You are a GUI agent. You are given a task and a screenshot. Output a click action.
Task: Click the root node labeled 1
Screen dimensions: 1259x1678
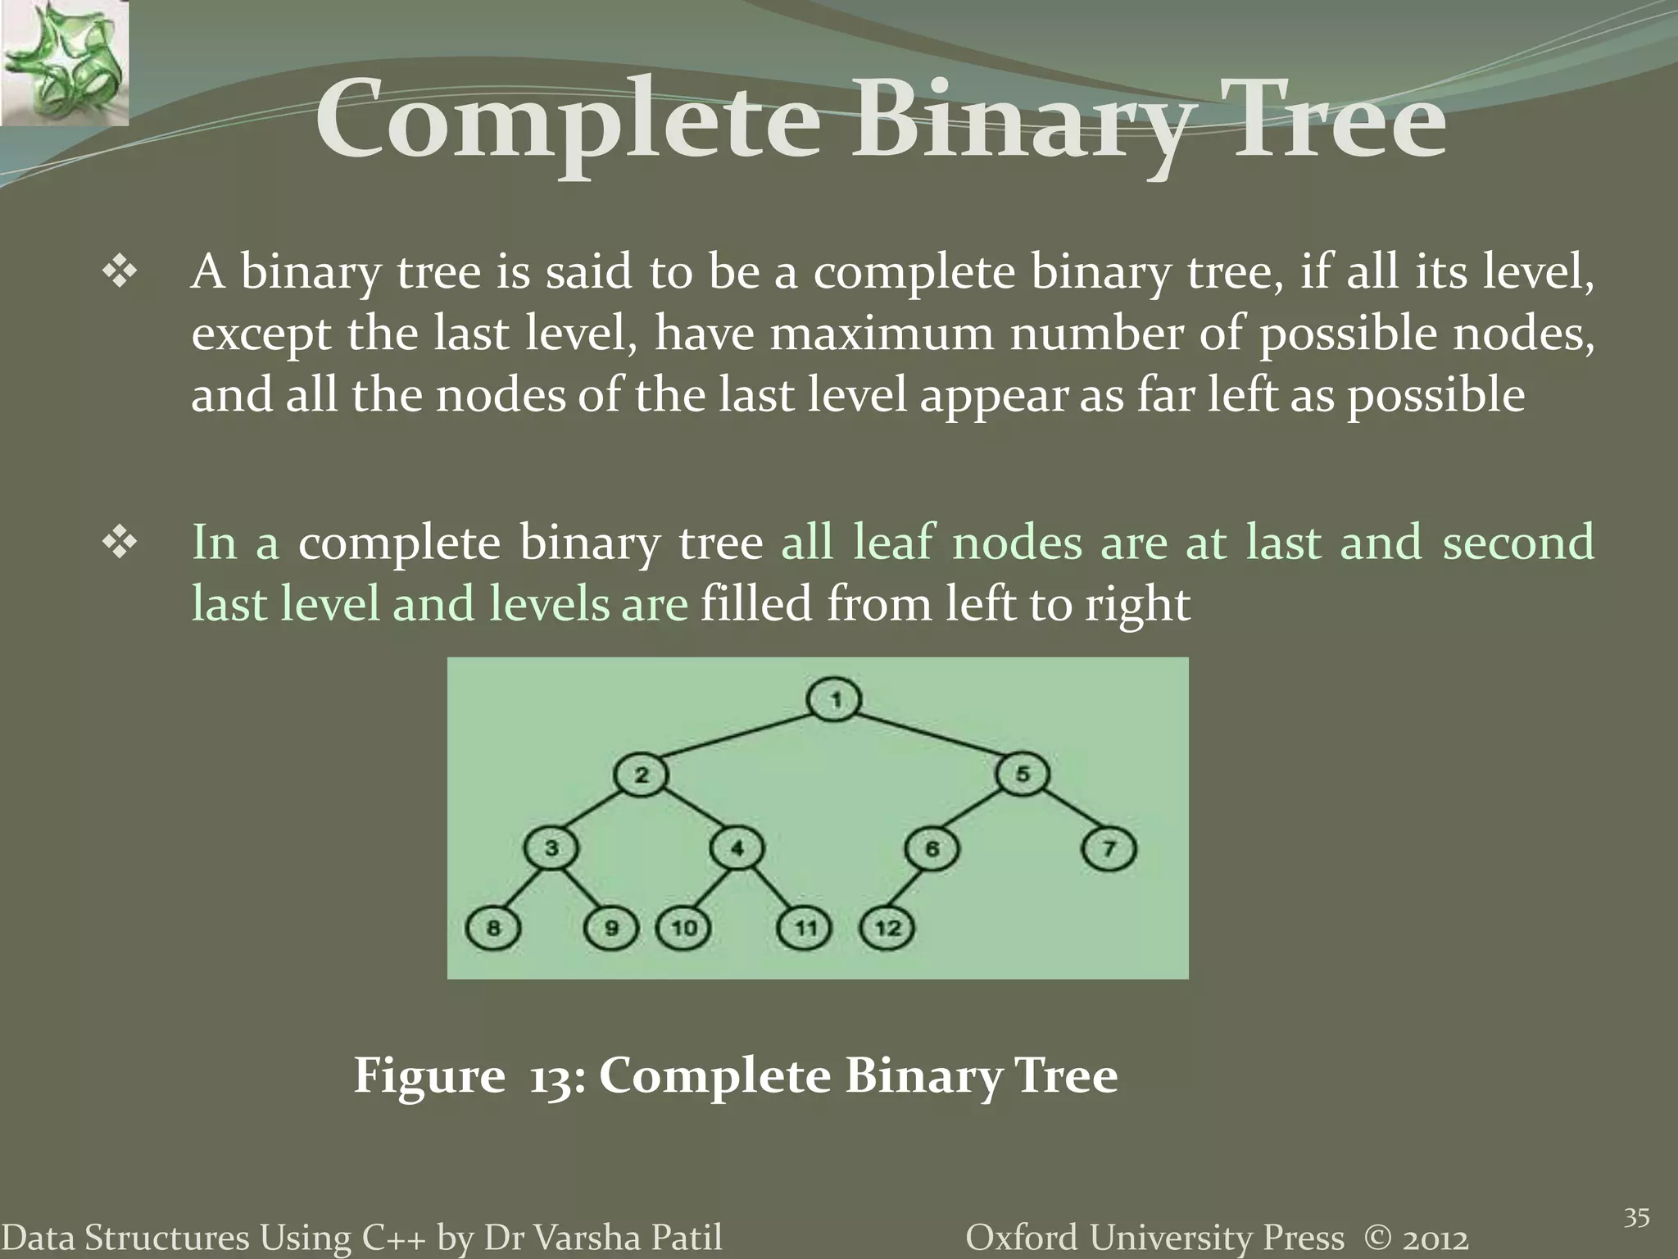834,700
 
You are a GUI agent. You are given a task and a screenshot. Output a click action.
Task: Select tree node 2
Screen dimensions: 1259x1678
641,775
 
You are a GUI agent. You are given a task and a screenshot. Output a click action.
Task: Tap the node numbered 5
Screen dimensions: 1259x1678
1022,774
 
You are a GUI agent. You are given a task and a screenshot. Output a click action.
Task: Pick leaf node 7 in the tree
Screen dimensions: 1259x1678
1109,849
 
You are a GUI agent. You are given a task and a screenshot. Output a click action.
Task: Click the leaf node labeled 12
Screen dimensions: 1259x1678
887,928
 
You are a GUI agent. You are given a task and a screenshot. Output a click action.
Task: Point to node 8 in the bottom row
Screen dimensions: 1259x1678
492,928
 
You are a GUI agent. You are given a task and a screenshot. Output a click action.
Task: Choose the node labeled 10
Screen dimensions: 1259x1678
683,928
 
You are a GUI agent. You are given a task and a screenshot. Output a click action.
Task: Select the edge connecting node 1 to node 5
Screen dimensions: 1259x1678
929,737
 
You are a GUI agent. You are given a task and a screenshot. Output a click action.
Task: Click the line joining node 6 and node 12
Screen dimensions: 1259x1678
909,889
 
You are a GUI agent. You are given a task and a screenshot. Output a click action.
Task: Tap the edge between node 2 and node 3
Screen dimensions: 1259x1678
596,811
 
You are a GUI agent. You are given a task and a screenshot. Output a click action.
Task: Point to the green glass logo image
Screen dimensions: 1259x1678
64,62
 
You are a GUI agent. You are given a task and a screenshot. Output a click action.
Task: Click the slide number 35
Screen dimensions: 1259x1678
1636,1218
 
